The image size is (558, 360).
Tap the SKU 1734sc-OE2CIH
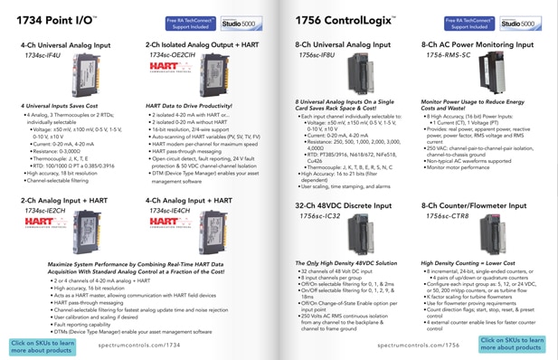172,55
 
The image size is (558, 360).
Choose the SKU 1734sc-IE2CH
43,210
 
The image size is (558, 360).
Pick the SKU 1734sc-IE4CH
168,210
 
